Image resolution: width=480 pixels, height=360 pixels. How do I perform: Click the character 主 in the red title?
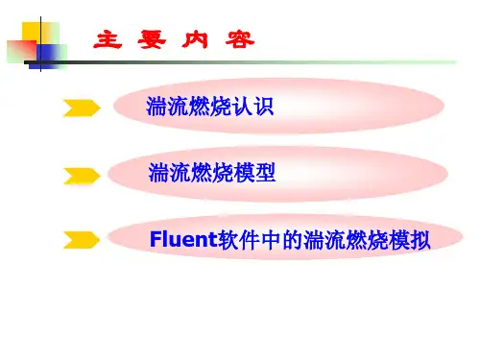click(x=108, y=39)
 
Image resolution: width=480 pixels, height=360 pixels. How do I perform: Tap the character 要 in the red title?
click(x=152, y=39)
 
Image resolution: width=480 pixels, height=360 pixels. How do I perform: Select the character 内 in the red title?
click(x=195, y=39)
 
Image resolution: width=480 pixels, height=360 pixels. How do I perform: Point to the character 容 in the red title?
click(x=240, y=39)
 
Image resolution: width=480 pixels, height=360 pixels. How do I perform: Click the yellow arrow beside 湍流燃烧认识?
click(x=82, y=108)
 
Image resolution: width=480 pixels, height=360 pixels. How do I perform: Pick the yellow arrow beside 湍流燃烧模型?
click(x=82, y=176)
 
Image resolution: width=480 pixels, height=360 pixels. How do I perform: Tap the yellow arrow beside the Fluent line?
click(x=82, y=240)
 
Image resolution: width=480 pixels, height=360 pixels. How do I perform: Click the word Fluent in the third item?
click(x=183, y=239)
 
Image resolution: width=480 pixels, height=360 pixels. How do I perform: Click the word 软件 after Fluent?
click(x=238, y=240)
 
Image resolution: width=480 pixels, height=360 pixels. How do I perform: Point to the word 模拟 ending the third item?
click(x=410, y=240)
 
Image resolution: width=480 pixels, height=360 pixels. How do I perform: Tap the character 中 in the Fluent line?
click(x=271, y=240)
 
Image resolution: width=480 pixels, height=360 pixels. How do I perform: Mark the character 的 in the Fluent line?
click(x=292, y=240)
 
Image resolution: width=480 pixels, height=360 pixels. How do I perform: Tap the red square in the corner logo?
click(x=22, y=51)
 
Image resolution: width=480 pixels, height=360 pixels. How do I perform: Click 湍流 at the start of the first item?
click(x=167, y=106)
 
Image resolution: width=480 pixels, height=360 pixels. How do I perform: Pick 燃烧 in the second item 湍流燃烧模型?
click(x=212, y=173)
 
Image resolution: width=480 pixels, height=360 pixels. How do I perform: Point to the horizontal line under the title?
click(x=240, y=62)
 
